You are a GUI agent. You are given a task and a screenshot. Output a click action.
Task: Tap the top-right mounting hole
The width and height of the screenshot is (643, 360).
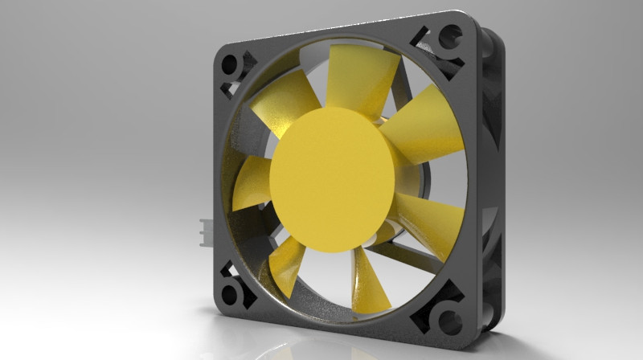point(451,37)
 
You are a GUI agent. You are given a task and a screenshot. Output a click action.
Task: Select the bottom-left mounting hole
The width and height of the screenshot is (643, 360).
point(231,292)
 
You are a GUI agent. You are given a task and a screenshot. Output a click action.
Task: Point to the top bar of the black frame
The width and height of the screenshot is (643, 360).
point(338,36)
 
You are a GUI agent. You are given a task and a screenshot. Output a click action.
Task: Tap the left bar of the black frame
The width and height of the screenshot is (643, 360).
point(221,177)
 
